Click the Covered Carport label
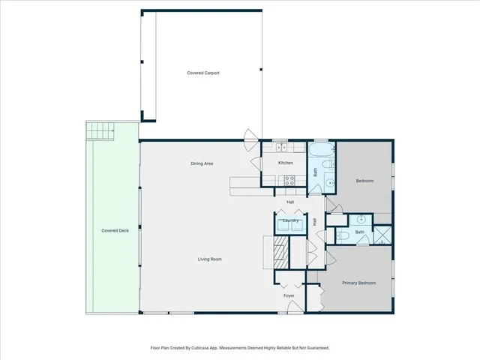[x=202, y=73]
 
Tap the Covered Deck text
[x=115, y=230]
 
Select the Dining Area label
[x=202, y=163]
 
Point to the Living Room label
[x=209, y=259]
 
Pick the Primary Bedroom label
[x=358, y=283]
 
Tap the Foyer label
[x=289, y=295]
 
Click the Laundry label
[x=291, y=221]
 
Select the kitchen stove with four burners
[x=288, y=178]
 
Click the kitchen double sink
[x=280, y=147]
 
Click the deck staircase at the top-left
[x=100, y=132]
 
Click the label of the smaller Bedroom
[x=364, y=181]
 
